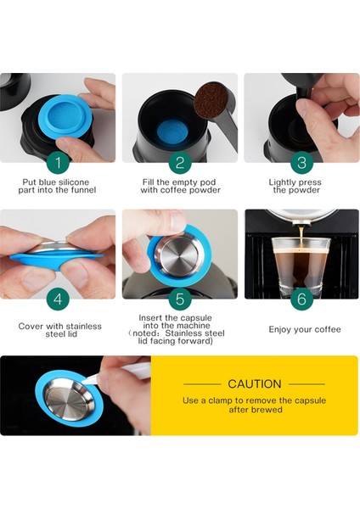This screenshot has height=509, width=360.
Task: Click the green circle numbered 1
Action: click(x=58, y=162)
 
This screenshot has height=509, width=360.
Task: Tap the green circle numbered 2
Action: click(x=180, y=162)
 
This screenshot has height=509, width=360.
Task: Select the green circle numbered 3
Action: click(x=301, y=162)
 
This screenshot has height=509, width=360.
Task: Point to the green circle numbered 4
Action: click(x=58, y=299)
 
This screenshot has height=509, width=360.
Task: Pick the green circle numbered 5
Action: click(x=180, y=299)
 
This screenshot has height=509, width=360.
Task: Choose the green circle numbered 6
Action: click(x=301, y=299)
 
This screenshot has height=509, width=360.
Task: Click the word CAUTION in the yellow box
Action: click(x=255, y=384)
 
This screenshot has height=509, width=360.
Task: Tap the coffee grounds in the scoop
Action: click(x=211, y=100)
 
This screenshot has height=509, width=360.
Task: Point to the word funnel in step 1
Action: click(x=83, y=190)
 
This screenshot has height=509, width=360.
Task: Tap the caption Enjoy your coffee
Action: click(x=305, y=330)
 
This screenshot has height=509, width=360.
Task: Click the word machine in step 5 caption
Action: click(x=195, y=326)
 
